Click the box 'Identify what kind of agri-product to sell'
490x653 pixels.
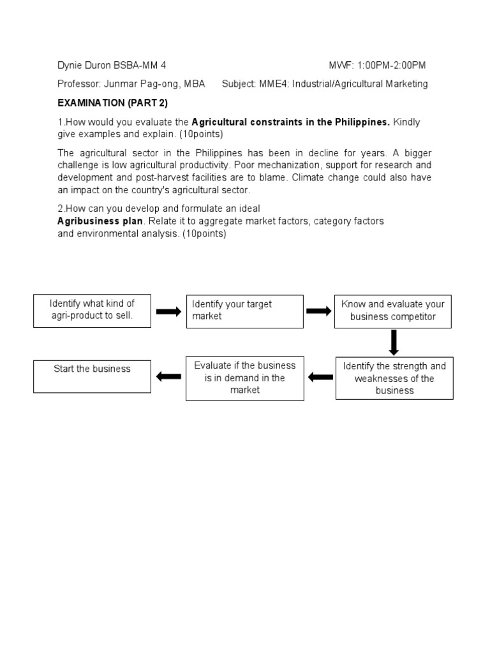[92, 310]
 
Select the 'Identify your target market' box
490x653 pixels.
[244, 311]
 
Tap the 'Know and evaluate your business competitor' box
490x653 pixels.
[393, 311]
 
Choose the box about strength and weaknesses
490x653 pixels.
[394, 378]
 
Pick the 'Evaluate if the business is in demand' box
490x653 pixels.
[244, 378]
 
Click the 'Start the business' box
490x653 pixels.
[92, 376]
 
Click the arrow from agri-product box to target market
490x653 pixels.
[168, 311]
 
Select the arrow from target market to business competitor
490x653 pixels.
[319, 311]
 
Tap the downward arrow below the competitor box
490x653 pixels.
[394, 342]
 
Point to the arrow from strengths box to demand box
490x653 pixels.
[320, 378]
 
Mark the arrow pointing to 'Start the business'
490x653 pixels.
[168, 376]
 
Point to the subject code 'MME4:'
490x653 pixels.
[275, 84]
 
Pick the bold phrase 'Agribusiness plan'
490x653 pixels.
[101, 221]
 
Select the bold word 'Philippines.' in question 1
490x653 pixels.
[361, 122]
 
